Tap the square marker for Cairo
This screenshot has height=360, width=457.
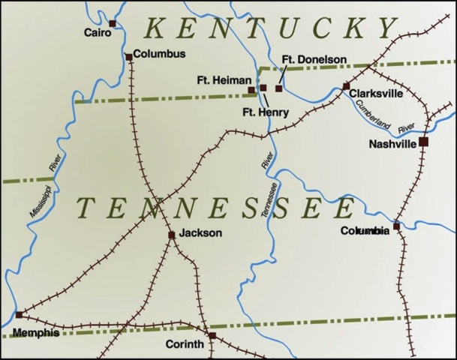point(112,24)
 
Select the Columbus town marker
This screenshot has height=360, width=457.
point(128,56)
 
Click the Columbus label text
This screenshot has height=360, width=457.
point(160,55)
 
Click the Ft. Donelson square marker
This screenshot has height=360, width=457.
point(279,88)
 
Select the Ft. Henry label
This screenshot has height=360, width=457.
point(266,112)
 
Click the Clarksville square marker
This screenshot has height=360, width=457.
point(346,86)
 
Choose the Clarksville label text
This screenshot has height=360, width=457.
point(377,94)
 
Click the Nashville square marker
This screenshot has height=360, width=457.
point(423,141)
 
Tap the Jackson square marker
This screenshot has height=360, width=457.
point(172,235)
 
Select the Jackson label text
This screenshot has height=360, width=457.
point(200,233)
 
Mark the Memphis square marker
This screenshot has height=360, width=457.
point(20,314)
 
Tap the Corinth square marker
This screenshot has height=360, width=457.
point(212,335)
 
